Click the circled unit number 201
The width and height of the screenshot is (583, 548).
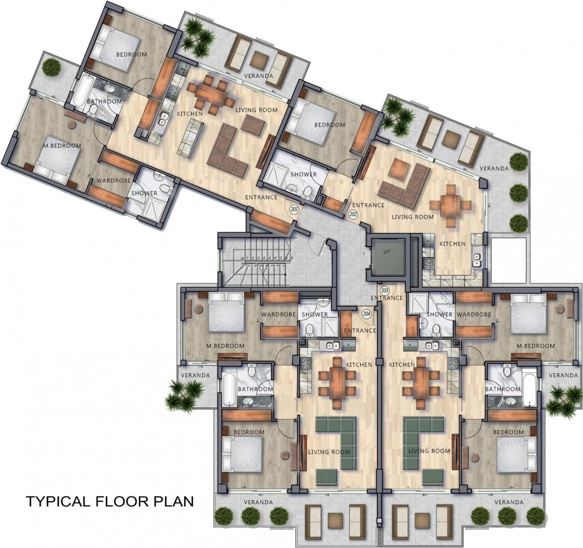(x=294, y=210)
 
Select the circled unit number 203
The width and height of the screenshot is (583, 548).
(x=384, y=290)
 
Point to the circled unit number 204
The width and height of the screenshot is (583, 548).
(x=367, y=314)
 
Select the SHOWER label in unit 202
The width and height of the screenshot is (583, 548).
(x=304, y=175)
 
